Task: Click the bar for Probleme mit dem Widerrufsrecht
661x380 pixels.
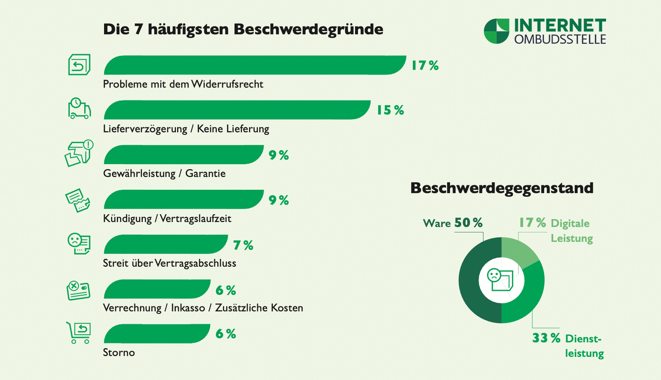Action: (255, 65)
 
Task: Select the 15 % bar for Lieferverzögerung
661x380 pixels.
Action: (237, 110)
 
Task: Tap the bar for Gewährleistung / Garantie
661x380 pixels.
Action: (183, 155)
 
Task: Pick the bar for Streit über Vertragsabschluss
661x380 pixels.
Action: (166, 245)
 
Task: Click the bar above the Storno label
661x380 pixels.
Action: (157, 334)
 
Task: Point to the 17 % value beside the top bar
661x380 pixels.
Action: (425, 66)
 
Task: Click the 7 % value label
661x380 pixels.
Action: (243, 245)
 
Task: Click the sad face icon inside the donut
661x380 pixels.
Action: (494, 276)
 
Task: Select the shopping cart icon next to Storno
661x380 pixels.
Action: (78, 333)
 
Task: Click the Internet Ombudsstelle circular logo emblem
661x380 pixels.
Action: (496, 31)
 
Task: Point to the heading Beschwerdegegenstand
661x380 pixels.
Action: (501, 188)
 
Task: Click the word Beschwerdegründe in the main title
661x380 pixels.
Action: (308, 30)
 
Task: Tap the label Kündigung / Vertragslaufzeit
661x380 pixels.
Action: (167, 218)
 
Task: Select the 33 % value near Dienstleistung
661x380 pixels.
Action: (546, 338)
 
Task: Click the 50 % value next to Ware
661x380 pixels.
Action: (468, 223)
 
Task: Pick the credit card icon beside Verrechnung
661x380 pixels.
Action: (78, 290)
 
